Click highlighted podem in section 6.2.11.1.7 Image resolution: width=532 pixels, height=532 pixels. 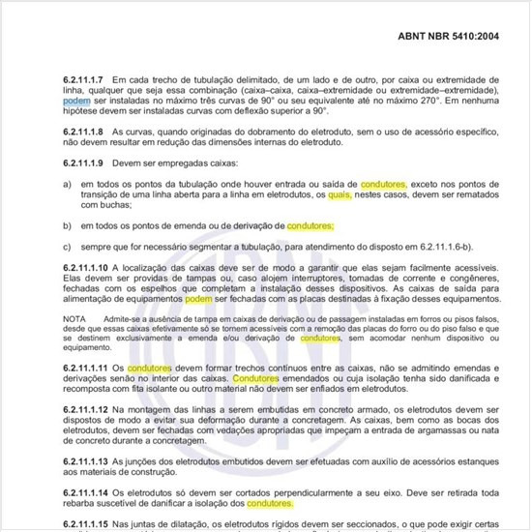pos(76,100)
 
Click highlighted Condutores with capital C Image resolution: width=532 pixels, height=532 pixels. pos(256,379)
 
